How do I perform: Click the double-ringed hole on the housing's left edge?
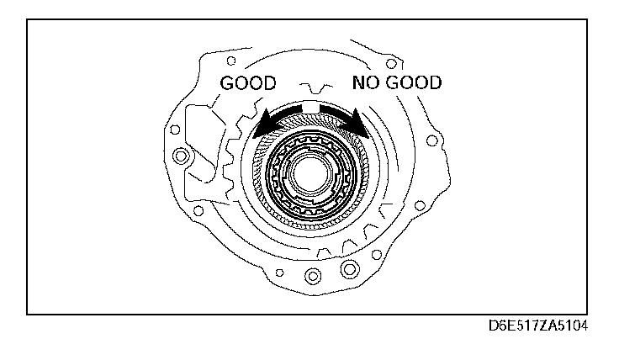click(179, 156)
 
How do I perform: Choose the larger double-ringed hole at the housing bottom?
click(347, 270)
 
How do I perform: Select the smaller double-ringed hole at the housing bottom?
click(313, 276)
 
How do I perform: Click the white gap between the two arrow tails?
click(310, 107)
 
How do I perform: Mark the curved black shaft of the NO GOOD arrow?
click(336, 112)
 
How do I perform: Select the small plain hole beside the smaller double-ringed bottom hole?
click(278, 273)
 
